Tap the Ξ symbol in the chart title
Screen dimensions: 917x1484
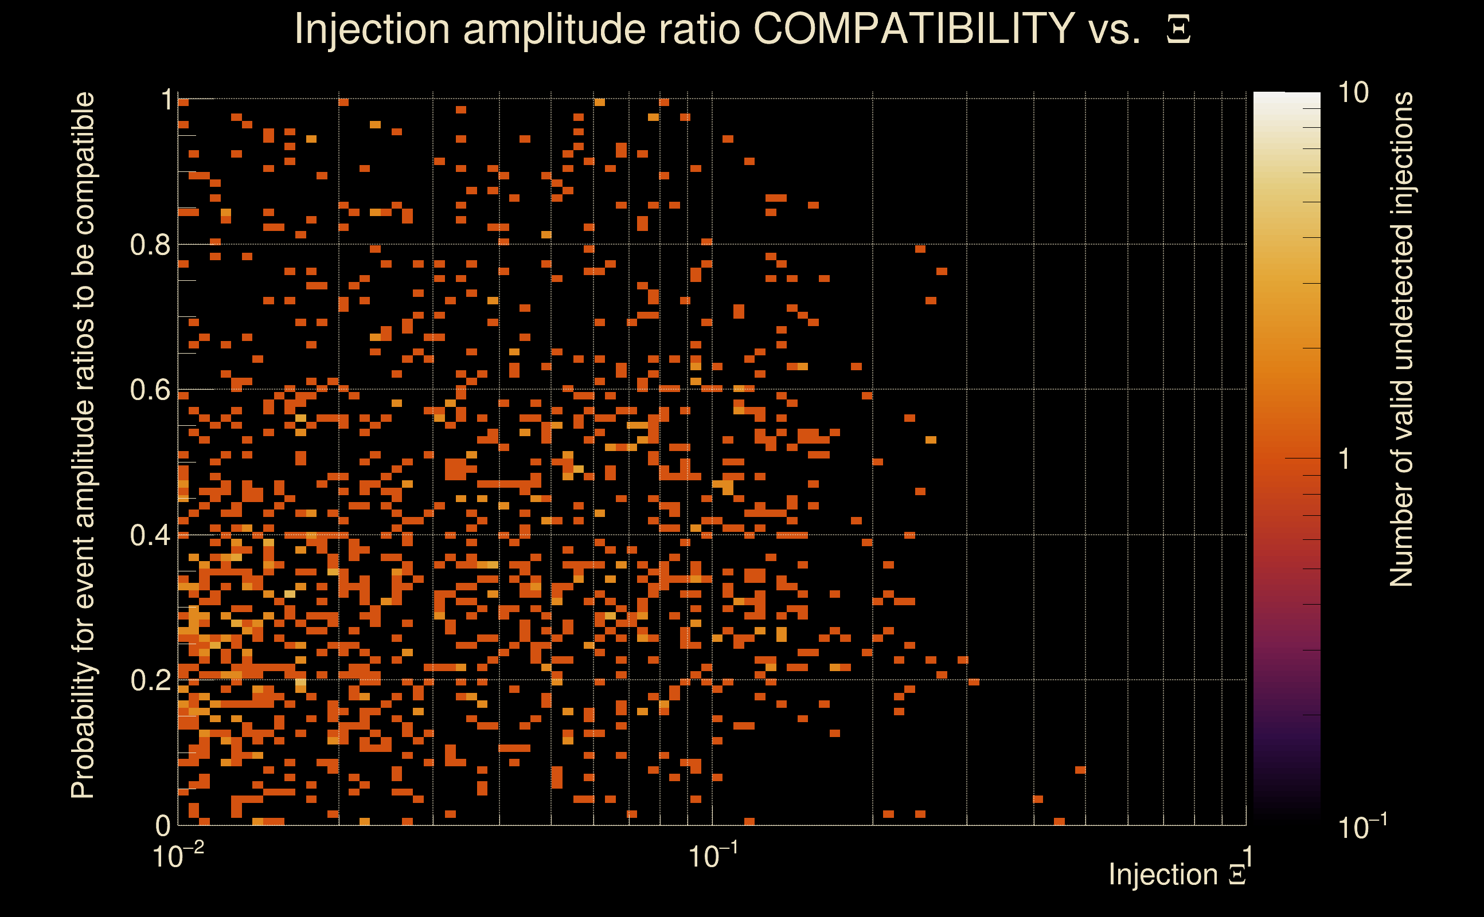(1178, 30)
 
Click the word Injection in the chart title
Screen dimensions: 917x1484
(372, 29)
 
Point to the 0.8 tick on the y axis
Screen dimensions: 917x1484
(150, 245)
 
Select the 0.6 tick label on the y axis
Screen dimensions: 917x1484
(150, 390)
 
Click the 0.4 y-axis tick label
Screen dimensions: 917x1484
(150, 535)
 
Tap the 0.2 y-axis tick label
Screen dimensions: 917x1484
(150, 680)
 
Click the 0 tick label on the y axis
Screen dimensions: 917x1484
(163, 825)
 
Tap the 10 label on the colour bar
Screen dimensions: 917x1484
(1353, 93)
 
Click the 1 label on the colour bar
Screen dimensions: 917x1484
(1345, 459)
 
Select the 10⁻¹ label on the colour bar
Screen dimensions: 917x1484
(1361, 826)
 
